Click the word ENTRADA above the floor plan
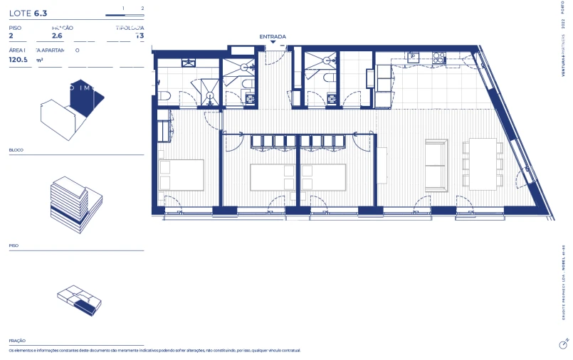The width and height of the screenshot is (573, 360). [x=273, y=36]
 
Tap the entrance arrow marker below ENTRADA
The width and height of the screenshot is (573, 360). [x=273, y=43]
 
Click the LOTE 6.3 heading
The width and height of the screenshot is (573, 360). [x=28, y=13]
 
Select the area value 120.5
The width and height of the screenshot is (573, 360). [x=19, y=60]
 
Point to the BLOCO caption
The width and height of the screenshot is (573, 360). [x=16, y=150]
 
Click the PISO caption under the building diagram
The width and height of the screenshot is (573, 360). [x=14, y=245]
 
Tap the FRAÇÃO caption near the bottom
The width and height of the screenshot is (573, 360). [x=17, y=341]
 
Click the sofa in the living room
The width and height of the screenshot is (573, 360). [x=435, y=164]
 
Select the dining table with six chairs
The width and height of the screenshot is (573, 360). [x=483, y=164]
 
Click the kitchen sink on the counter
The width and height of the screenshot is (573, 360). [x=414, y=58]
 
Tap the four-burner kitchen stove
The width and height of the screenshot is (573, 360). [x=439, y=57]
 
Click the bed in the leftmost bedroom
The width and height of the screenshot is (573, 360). [x=181, y=174]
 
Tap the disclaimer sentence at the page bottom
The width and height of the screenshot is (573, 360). [x=154, y=351]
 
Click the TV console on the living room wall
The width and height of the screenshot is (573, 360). [x=382, y=165]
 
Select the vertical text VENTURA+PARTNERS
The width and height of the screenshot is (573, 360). [x=562, y=60]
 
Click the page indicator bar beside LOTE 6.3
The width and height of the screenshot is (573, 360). [x=125, y=15]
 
